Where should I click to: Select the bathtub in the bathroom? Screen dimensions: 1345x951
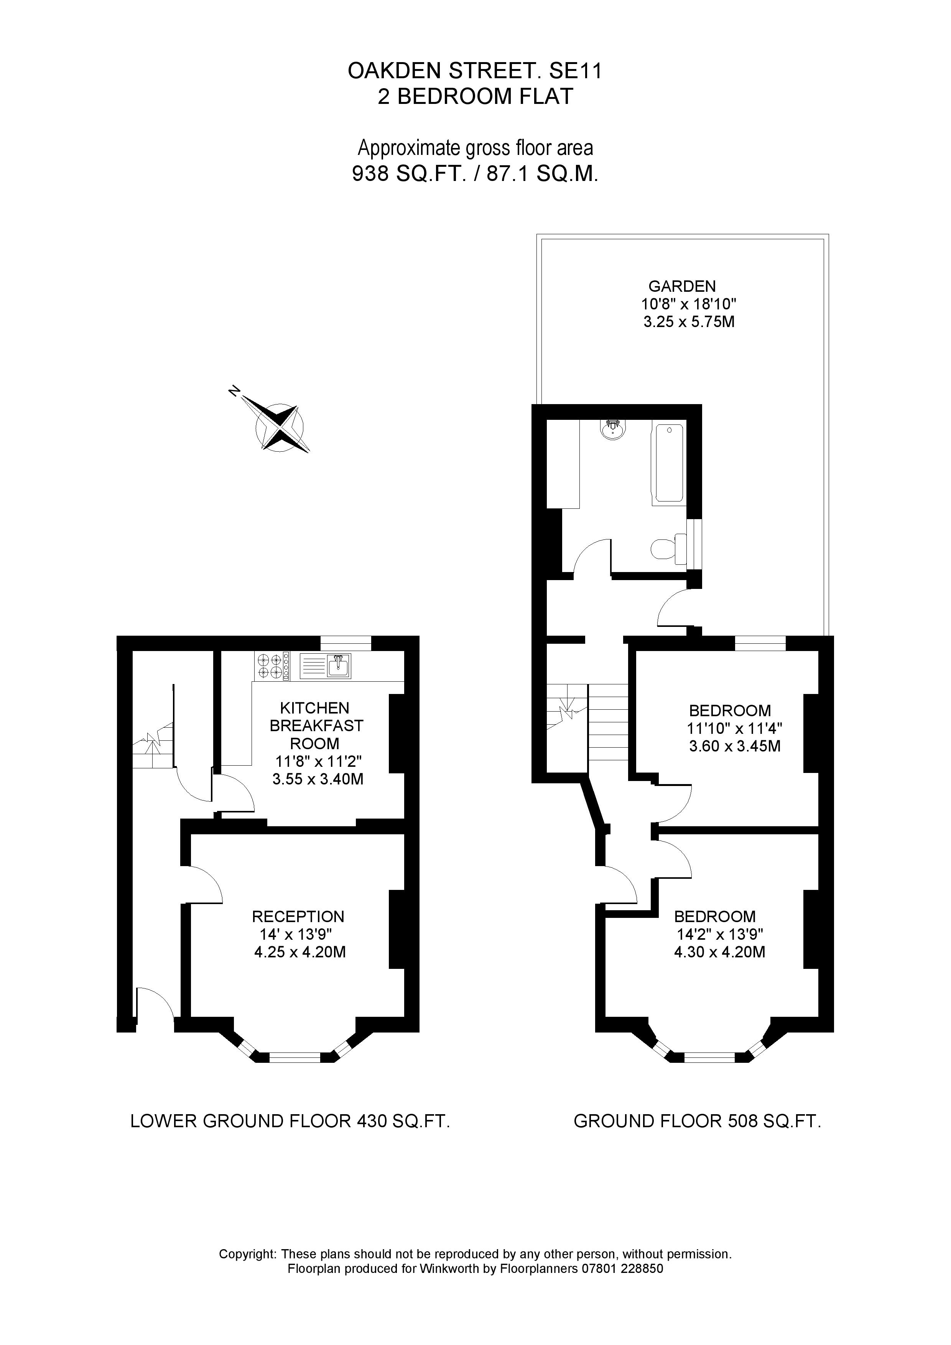point(668,463)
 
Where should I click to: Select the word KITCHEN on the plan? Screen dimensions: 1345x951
point(315,708)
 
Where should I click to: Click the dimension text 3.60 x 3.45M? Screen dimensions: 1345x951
point(735,747)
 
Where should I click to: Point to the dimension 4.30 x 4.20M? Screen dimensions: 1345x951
point(719,952)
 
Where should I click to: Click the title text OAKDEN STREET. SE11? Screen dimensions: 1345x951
point(475,71)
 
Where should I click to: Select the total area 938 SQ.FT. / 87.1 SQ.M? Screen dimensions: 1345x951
point(475,174)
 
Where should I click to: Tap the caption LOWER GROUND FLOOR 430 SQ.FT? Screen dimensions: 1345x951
point(290,1121)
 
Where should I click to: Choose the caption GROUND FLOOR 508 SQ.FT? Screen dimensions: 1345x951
point(697,1121)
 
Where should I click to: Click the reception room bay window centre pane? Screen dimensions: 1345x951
point(295,1057)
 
